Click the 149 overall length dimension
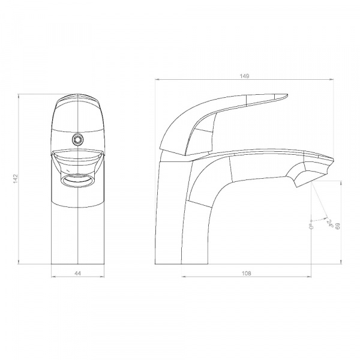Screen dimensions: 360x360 [x=244, y=76]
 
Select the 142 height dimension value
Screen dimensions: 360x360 [x=16, y=179]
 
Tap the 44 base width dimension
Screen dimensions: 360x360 [x=78, y=273]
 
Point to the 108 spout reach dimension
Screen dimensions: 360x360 [x=247, y=273]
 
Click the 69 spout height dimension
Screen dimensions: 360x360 [x=337, y=226]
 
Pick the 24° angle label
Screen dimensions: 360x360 [x=330, y=223]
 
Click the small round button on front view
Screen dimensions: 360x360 [x=77, y=139]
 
